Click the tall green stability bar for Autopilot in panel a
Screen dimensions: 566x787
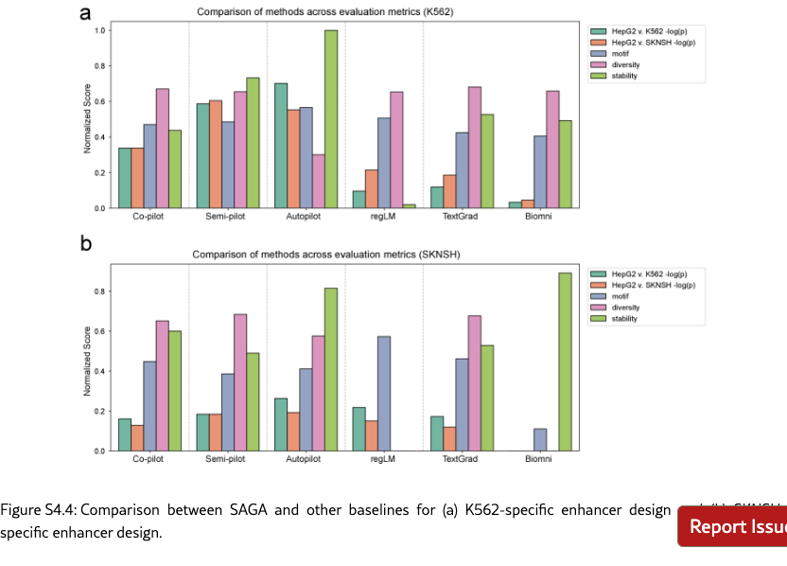pyautogui.click(x=331, y=118)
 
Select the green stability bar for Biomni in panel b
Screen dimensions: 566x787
pyautogui.click(x=565, y=361)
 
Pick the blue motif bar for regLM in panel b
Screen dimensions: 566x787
pyautogui.click(x=383, y=393)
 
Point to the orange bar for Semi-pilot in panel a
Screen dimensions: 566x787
pyautogui.click(x=216, y=153)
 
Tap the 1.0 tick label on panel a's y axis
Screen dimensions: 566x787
pyautogui.click(x=99, y=30)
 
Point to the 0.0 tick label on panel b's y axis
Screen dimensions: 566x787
pyautogui.click(x=99, y=451)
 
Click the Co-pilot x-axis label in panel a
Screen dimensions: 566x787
pyautogui.click(x=150, y=217)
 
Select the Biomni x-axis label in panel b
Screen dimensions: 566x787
pyautogui.click(x=539, y=459)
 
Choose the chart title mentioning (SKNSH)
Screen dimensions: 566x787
pyautogui.click(x=321, y=255)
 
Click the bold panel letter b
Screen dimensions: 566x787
pyautogui.click(x=86, y=244)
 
